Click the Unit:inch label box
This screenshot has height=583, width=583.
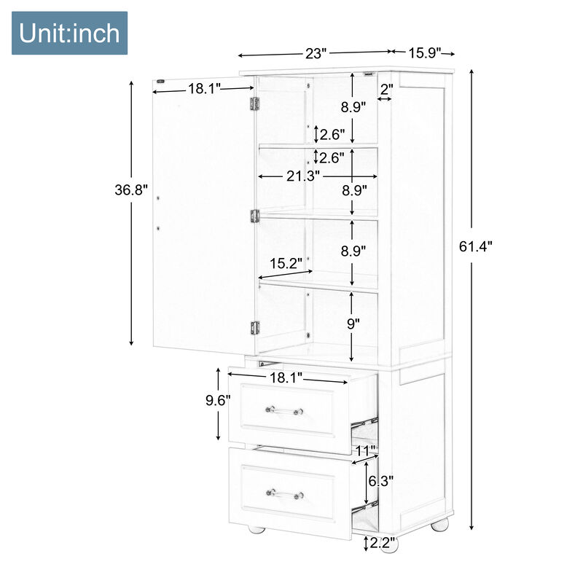coord(69,34)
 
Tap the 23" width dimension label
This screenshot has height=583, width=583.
coord(316,53)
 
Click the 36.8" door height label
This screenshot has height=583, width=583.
coord(131,190)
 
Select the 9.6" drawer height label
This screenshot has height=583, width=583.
coord(218,400)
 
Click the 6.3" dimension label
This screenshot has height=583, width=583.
coord(381,481)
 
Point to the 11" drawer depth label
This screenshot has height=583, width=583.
coord(366,450)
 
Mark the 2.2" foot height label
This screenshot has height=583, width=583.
coord(382,543)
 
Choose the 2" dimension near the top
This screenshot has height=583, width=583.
coord(386,88)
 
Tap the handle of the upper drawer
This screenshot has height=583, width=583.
coord(284,410)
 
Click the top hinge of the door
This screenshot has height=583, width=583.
coord(254,104)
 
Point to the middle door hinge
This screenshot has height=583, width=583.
coord(254,216)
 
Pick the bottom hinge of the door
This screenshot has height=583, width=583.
coord(254,328)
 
